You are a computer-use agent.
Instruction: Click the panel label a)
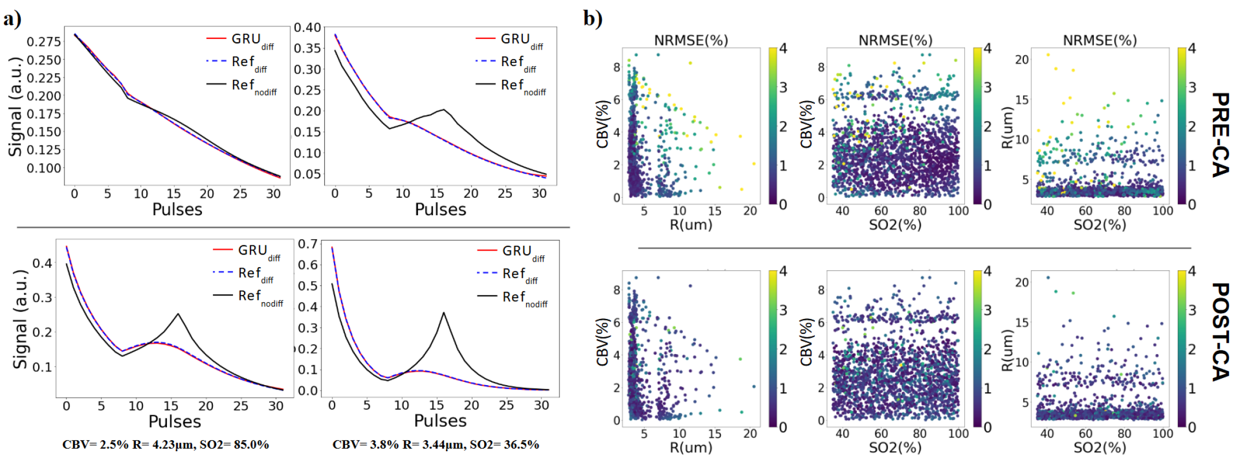click(12, 20)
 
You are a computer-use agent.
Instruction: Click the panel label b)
click(593, 19)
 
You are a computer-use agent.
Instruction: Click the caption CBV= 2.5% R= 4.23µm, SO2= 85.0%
click(165, 445)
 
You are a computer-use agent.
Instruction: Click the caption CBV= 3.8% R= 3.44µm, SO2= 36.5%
click(436, 445)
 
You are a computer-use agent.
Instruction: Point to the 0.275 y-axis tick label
click(44, 42)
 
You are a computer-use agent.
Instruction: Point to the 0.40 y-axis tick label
click(307, 28)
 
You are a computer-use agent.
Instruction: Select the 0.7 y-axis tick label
click(308, 244)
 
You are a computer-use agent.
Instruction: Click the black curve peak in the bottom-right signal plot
click(444, 313)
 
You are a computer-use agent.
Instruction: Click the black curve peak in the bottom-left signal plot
click(178, 314)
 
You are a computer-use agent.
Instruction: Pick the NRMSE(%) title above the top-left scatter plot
click(691, 40)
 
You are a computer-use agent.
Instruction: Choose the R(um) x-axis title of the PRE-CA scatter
click(691, 225)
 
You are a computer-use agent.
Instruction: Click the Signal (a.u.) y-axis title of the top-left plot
click(15, 107)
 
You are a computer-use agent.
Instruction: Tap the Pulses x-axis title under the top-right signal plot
click(440, 210)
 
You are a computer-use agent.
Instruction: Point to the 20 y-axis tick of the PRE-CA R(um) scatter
click(1022, 60)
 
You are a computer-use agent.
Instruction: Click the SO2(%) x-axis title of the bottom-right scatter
click(1100, 447)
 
